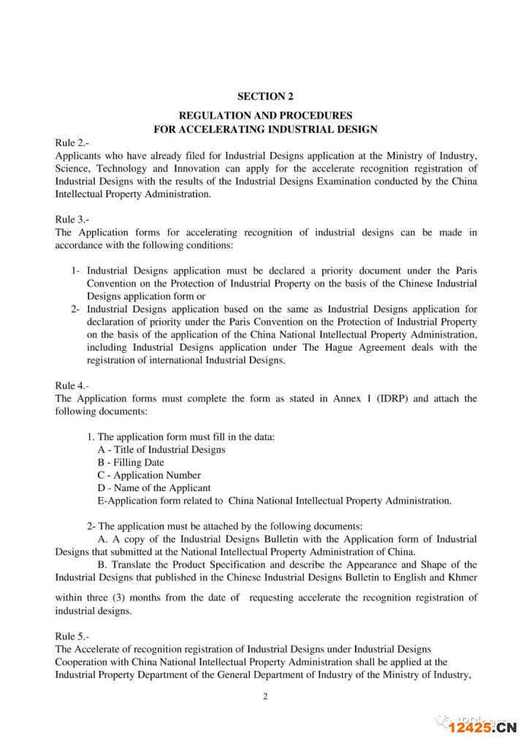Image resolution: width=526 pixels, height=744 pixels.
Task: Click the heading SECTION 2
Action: [x=265, y=96]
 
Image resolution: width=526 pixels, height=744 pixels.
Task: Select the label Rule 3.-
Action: [x=72, y=220]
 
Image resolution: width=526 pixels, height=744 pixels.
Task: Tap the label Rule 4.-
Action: [x=72, y=385]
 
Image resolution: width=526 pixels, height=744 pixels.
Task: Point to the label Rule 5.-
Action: [x=72, y=637]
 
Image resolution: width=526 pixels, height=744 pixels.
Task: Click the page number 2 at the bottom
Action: [x=265, y=696]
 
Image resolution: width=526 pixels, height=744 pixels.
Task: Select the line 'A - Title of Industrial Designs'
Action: [x=161, y=449]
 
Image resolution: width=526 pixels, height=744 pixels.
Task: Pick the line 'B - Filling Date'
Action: [x=131, y=463]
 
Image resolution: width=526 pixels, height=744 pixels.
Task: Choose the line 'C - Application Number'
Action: [x=148, y=475]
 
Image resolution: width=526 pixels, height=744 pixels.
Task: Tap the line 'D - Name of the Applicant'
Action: [x=153, y=487]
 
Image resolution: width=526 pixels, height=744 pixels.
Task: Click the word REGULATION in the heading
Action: [x=214, y=115]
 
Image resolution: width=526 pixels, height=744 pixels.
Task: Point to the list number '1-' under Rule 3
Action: [x=75, y=271]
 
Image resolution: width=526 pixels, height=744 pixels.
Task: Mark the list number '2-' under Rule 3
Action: [x=75, y=309]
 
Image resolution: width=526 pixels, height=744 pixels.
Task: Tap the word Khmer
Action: [x=462, y=577]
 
